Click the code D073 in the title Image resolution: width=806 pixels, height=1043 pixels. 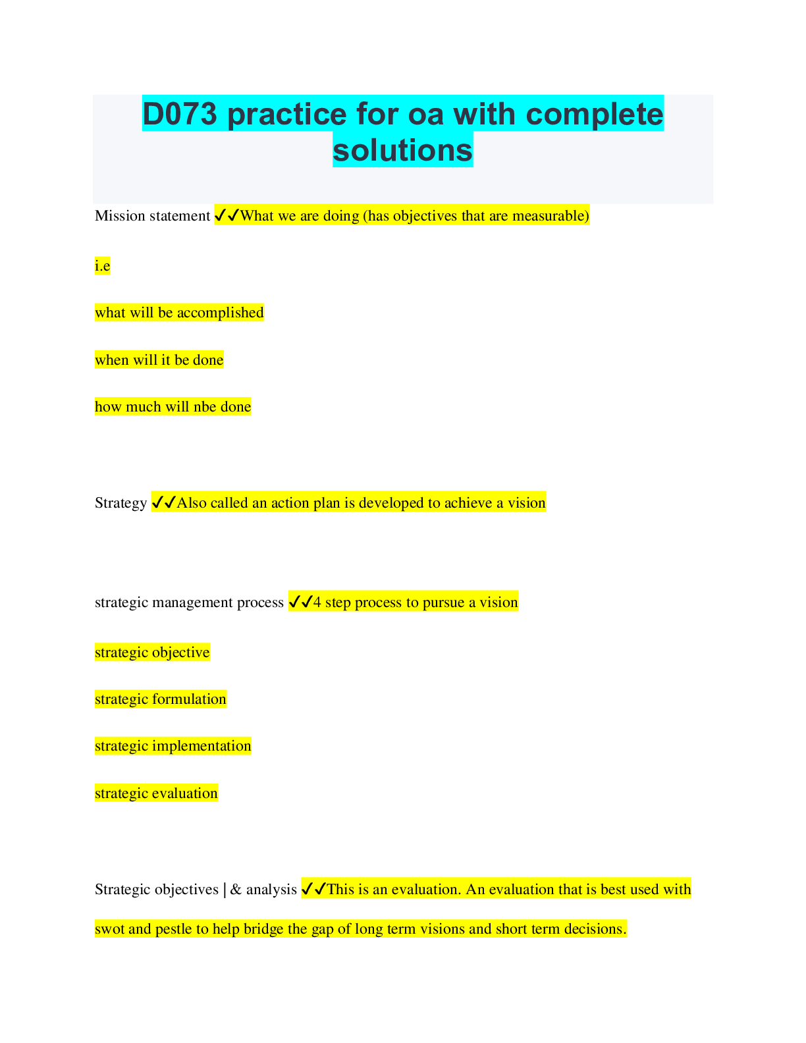tap(180, 114)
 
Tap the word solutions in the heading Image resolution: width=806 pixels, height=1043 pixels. tap(403, 150)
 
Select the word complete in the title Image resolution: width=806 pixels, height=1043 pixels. tap(595, 114)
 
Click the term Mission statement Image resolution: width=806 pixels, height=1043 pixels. tap(153, 216)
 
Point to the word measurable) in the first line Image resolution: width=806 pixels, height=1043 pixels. tap(551, 216)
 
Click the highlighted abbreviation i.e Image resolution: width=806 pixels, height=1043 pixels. tap(103, 265)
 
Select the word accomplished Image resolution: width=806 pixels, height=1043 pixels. tap(221, 313)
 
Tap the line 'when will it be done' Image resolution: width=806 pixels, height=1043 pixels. tap(159, 360)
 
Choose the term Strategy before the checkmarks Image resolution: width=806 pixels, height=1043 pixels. tap(121, 503)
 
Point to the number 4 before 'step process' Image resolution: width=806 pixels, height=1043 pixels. tap(317, 602)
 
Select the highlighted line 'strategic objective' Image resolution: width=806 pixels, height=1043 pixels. tap(152, 653)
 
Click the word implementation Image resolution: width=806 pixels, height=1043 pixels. tap(201, 746)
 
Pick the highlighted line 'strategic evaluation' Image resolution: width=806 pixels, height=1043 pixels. tap(156, 793)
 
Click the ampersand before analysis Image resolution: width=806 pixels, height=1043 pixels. tap(236, 890)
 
